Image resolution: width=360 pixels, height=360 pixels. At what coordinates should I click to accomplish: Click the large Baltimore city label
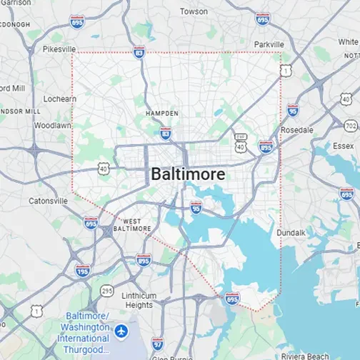tap(188, 174)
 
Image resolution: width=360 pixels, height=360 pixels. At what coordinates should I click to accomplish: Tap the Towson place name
tap(194, 11)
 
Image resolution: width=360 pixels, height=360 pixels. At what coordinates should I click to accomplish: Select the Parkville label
tap(269, 44)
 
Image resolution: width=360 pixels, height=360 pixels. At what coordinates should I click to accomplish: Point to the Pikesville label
tap(59, 49)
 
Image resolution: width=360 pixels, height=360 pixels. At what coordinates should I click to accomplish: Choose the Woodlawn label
tap(52, 125)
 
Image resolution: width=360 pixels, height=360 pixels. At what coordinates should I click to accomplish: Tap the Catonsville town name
tap(48, 201)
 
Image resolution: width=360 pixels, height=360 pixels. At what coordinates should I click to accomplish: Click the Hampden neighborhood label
tap(161, 114)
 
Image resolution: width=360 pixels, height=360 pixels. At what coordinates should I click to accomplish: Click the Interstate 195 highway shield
tap(82, 270)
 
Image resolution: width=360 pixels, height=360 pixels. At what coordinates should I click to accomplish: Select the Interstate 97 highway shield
tap(158, 344)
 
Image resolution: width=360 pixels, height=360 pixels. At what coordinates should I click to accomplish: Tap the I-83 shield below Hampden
tap(166, 133)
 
